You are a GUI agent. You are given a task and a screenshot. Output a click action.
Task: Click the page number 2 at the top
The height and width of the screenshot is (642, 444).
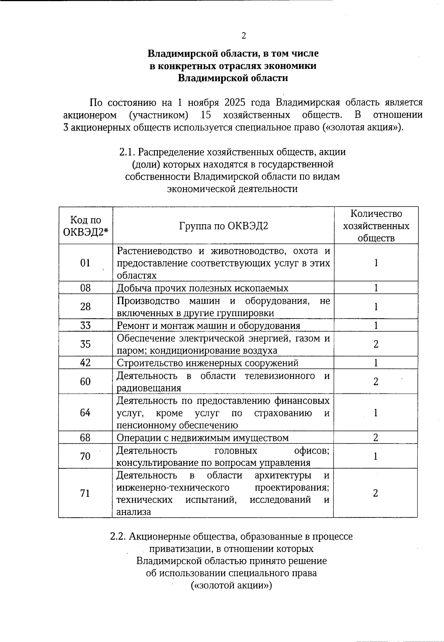243,36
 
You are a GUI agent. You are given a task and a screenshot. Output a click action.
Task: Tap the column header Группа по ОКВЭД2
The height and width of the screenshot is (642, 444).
223,226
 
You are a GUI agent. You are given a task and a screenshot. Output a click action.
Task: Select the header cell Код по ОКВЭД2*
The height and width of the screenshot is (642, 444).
85,226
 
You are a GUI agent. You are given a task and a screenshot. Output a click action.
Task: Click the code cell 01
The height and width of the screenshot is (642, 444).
85,263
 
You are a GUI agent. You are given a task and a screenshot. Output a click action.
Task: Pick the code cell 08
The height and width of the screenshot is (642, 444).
85,288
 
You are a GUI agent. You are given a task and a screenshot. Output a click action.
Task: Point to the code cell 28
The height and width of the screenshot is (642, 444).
85,307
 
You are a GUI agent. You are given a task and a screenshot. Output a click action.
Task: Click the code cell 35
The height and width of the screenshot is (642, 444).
85,344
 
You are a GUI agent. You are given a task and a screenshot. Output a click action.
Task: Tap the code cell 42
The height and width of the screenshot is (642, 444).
85,363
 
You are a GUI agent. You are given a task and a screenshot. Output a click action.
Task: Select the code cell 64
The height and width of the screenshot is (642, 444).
85,413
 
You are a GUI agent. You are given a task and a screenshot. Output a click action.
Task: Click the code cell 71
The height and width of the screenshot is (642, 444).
85,493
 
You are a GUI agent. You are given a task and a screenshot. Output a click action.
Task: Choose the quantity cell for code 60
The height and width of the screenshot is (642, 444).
376,381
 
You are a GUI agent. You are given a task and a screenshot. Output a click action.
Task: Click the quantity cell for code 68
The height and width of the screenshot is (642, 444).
376,438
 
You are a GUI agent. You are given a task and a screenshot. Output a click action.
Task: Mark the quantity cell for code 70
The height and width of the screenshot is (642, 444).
376,456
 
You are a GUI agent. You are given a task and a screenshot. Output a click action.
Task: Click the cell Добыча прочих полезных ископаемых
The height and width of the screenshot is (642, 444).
202,288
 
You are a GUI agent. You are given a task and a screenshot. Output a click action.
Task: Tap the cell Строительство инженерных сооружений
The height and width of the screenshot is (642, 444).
208,363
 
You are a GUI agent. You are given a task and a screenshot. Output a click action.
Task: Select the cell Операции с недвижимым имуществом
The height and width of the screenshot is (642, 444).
202,438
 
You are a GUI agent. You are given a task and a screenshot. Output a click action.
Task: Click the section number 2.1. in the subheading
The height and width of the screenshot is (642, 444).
128,152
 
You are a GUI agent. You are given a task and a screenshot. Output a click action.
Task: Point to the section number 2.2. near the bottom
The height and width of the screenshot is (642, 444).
119,537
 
